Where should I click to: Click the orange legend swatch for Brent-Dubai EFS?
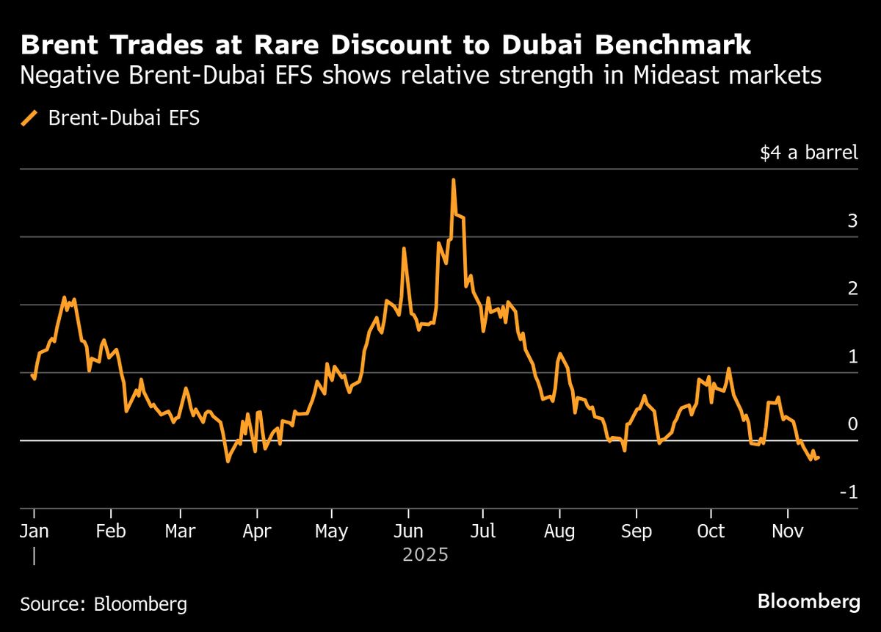point(30,118)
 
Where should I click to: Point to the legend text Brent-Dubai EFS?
point(123,118)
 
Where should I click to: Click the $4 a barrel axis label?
point(808,153)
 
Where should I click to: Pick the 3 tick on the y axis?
point(852,221)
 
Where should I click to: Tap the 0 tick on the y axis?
point(852,424)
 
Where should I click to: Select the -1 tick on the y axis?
point(849,493)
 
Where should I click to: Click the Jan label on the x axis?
point(34,531)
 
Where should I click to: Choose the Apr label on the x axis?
point(256,531)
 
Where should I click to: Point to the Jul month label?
point(482,531)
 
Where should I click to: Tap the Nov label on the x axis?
point(787,531)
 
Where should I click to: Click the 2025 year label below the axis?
point(425,555)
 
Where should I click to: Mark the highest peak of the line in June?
point(453,180)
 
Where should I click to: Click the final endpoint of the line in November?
point(819,457)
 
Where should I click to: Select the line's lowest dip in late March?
point(228,461)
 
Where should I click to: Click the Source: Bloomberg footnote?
point(104,605)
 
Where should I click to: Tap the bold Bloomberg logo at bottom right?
point(808,603)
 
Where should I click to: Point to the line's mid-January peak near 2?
point(65,298)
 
